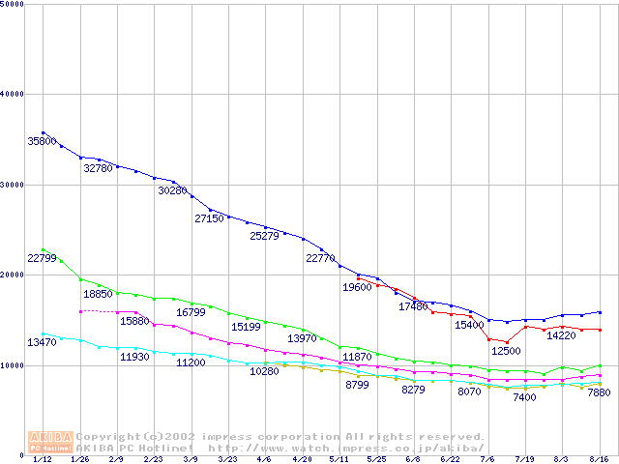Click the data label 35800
42,141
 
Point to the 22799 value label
42,258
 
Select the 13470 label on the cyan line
42,343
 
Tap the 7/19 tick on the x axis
525,460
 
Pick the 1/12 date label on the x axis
43,460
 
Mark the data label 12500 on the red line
506,351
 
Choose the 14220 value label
562,335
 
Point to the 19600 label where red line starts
357,287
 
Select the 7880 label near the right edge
599,393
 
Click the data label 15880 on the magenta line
134,321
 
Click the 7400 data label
524,397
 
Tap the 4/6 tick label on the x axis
264,460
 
